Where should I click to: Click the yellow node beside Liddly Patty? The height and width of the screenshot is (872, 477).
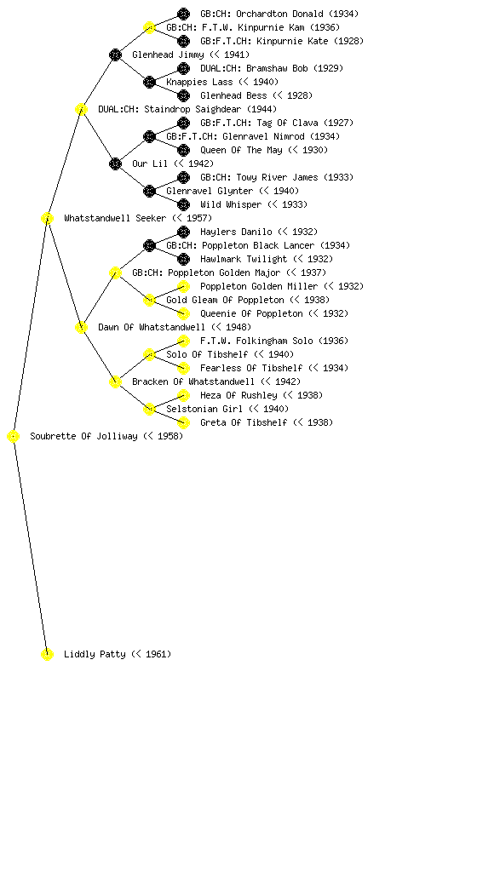47,654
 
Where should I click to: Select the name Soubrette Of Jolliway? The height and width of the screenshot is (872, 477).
83,437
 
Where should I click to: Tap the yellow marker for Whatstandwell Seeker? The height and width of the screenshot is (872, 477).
47,218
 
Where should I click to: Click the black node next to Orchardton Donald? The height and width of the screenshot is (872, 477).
183,14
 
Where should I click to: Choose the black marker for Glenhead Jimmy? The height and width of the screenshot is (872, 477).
115,54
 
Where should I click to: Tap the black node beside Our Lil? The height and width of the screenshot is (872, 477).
115,163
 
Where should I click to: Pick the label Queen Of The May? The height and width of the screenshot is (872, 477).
241,150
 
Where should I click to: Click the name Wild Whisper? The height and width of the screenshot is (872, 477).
231,204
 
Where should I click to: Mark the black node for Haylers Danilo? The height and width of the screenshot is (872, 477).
183,232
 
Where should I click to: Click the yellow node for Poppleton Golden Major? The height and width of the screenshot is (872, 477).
115,272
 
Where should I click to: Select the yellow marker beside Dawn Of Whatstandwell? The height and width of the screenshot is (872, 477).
81,327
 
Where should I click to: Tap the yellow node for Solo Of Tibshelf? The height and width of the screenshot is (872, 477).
149,354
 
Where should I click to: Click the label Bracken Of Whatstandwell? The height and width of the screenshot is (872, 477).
193,381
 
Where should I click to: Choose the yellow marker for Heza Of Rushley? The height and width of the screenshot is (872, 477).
183,395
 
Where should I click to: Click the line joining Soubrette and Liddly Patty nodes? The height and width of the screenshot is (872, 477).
31,545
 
